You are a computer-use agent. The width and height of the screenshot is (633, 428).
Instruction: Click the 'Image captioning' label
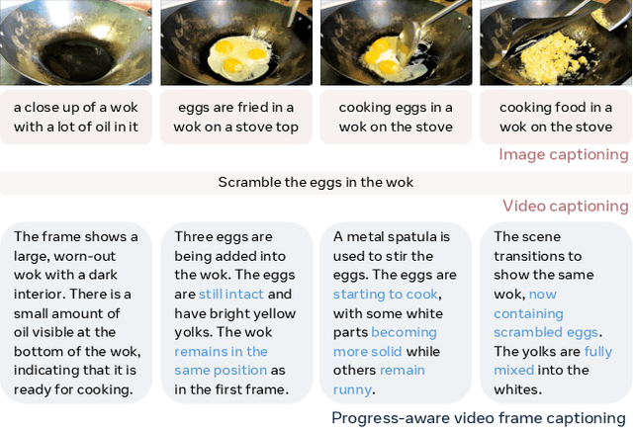563,154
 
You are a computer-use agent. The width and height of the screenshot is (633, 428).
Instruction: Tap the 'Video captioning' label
565,206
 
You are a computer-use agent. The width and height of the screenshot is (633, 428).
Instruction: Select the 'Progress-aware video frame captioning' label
479,417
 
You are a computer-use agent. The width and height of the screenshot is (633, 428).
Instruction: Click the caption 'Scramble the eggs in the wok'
316,182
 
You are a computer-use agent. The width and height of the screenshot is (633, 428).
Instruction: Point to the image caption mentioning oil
76,117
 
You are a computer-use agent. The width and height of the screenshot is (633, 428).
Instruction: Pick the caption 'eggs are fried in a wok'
236,117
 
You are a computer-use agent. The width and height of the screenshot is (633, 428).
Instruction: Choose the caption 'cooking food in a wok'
556,117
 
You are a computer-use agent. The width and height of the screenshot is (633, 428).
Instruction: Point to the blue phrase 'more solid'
362,351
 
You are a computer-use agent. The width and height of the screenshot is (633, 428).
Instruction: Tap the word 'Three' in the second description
193,236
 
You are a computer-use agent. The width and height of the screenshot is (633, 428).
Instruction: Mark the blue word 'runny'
353,389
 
